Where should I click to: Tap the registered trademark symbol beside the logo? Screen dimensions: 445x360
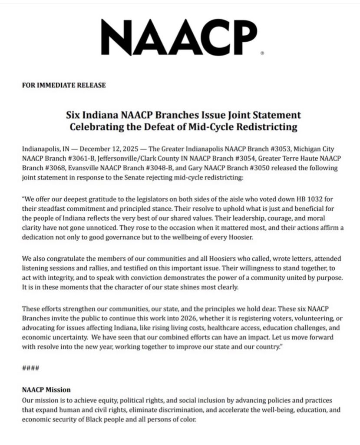[262, 53]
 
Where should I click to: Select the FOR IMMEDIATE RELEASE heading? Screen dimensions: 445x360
[63, 85]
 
